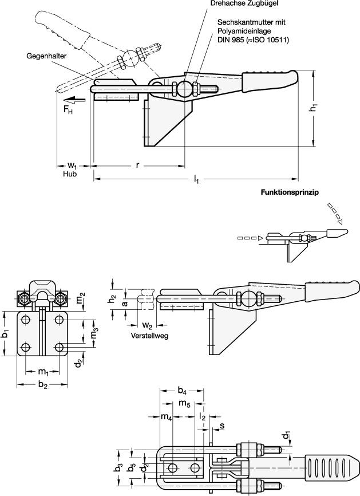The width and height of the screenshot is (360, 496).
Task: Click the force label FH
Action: pyautogui.click(x=68, y=109)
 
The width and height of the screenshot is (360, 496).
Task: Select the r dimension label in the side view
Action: pyautogui.click(x=137, y=165)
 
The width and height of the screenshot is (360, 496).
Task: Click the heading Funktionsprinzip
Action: pyautogui.click(x=289, y=192)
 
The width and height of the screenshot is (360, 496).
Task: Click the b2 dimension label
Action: pyautogui.click(x=42, y=384)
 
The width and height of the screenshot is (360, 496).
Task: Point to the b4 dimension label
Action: pyautogui.click(x=182, y=391)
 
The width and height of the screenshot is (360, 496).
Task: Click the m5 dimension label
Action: pyautogui.click(x=184, y=404)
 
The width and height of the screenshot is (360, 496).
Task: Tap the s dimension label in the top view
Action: pyautogui.click(x=222, y=425)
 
